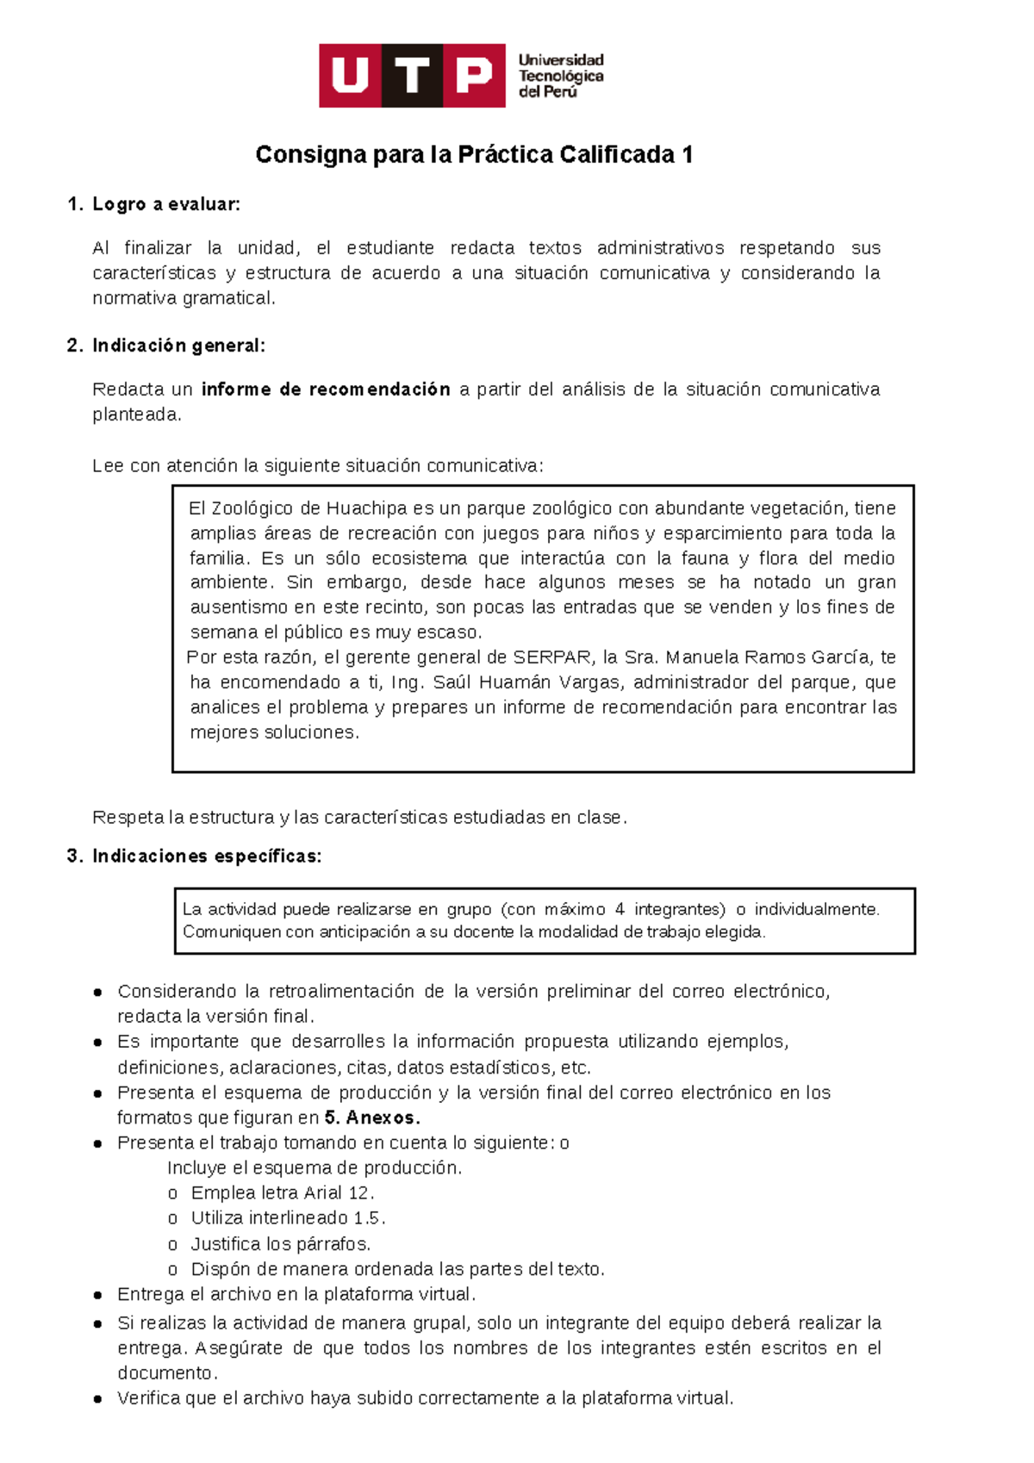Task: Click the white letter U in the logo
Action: (350, 76)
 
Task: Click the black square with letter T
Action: (413, 76)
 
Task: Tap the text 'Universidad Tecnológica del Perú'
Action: (560, 76)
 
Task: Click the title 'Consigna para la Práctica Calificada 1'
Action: (474, 155)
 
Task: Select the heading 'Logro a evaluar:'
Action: (166, 204)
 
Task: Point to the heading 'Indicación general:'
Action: (178, 346)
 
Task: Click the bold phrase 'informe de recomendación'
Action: (326, 389)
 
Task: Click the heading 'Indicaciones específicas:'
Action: (207, 856)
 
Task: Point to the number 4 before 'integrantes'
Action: (620, 910)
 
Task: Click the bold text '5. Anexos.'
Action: (372, 1118)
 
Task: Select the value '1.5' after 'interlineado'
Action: (367, 1218)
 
